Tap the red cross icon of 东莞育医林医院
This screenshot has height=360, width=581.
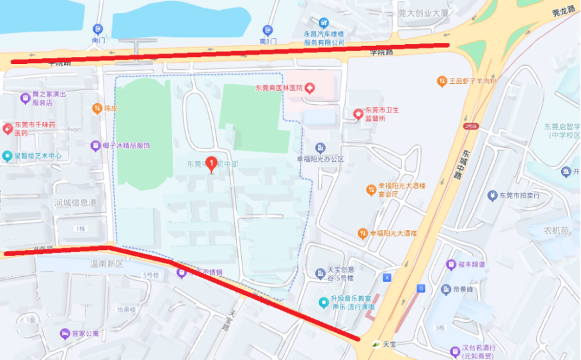[x=310, y=88]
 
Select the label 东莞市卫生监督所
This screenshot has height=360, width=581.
[x=382, y=114]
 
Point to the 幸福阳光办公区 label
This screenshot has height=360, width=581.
[x=321, y=159]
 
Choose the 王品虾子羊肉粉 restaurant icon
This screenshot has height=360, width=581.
[x=442, y=81]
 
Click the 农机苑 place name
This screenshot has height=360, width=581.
[x=556, y=230]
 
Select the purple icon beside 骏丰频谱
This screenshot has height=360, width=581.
[x=451, y=264]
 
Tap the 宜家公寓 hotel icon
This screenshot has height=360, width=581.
[x=65, y=334]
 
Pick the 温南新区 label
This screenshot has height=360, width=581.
[x=106, y=263]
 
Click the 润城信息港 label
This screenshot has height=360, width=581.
[x=76, y=203]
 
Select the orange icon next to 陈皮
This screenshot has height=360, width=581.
[x=97, y=108]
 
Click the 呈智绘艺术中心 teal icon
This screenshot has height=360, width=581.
[x=7, y=155]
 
